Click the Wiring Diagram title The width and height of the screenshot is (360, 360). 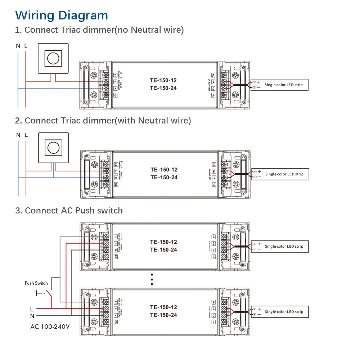click(62, 15)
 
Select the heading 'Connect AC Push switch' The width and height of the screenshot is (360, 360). click(69, 211)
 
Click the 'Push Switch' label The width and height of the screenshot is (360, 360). click(36, 283)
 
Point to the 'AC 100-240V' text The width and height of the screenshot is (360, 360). click(50, 327)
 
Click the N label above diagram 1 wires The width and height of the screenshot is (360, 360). click(18, 46)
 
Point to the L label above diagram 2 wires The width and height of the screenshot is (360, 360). click(26, 135)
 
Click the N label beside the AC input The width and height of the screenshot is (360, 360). click(32, 316)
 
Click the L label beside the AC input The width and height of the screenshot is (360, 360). click(32, 309)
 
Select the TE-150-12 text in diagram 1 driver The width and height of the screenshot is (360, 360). click(163, 80)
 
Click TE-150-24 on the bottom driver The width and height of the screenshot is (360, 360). click(163, 315)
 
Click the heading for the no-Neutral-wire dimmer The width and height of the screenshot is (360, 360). click(99, 30)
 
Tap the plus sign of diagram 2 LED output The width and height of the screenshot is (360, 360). click(259, 171)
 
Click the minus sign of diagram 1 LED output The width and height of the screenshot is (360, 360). click(259, 87)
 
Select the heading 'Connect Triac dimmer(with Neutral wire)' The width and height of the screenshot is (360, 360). click(103, 121)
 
